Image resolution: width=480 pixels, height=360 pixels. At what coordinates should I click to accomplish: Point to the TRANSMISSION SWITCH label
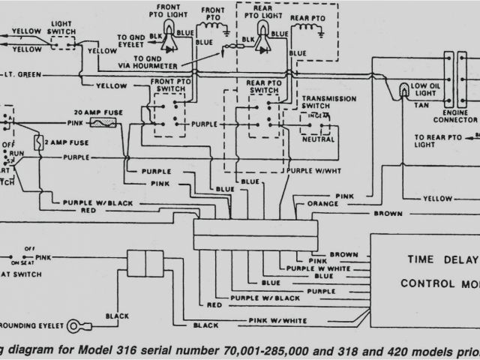pos(326,103)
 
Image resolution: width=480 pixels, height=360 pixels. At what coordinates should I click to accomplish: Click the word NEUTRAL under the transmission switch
pos(317,140)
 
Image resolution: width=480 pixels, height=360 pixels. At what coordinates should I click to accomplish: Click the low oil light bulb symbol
pos(403,91)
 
